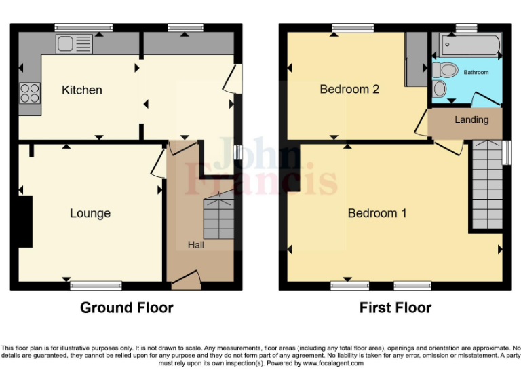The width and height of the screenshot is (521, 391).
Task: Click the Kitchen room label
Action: pyautogui.click(x=82, y=90)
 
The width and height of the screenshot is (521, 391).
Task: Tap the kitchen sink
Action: pyautogui.click(x=75, y=44)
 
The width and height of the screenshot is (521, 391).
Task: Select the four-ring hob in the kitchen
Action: pyautogui.click(x=31, y=92)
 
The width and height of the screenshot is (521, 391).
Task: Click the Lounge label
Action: pyautogui.click(x=90, y=213)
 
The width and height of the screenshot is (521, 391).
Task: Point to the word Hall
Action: pyautogui.click(x=196, y=244)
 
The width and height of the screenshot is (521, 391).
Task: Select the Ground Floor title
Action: pyautogui.click(x=127, y=308)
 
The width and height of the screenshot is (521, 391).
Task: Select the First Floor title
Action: pyautogui.click(x=395, y=308)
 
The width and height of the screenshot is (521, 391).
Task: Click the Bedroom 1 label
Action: pyautogui.click(x=377, y=213)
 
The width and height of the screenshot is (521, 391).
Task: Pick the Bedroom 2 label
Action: pyautogui.click(x=349, y=89)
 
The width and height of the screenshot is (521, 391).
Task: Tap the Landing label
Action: pyautogui.click(x=471, y=119)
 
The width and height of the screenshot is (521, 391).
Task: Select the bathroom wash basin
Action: pyautogui.click(x=440, y=89)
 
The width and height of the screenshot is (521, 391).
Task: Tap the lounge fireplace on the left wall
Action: pyautogui.click(x=25, y=221)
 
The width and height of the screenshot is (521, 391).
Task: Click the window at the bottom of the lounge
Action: pyautogui.click(x=96, y=286)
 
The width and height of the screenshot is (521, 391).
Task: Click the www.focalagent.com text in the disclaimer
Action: pyautogui.click(x=333, y=363)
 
